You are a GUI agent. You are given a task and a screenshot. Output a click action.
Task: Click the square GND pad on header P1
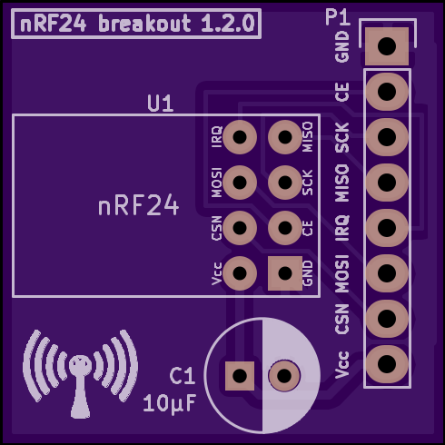coord(387,46)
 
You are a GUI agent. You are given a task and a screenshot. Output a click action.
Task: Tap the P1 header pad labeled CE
coord(387,92)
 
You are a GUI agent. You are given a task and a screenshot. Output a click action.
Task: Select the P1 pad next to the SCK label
coord(387,137)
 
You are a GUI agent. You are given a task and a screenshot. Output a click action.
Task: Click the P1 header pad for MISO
coord(387,183)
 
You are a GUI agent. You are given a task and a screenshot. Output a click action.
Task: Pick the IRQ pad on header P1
coord(387,228)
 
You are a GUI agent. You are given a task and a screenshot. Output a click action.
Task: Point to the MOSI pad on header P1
coord(387,273)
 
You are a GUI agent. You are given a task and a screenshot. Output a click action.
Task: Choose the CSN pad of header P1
coord(387,319)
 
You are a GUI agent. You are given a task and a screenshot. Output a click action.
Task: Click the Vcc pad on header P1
coord(387,364)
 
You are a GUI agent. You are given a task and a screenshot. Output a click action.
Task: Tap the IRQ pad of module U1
coord(240,137)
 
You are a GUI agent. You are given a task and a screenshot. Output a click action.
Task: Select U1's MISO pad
coord(285,137)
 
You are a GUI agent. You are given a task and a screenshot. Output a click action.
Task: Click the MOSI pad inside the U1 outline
coord(240,183)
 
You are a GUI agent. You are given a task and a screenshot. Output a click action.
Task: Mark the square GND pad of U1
coord(285,273)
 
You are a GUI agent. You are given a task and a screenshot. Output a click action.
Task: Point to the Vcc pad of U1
coord(240,273)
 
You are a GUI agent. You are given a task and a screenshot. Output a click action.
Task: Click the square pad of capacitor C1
coord(240,376)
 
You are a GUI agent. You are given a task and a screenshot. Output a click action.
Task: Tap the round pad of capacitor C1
coord(284,376)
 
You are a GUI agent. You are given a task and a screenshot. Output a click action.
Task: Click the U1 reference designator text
coord(160,104)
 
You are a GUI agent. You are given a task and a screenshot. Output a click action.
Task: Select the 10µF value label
coord(170,403)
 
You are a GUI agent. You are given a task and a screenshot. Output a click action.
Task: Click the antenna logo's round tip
coord(80,365)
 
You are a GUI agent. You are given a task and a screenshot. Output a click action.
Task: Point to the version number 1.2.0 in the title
coord(228,24)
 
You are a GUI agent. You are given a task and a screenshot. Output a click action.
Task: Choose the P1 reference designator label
coord(338,17)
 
